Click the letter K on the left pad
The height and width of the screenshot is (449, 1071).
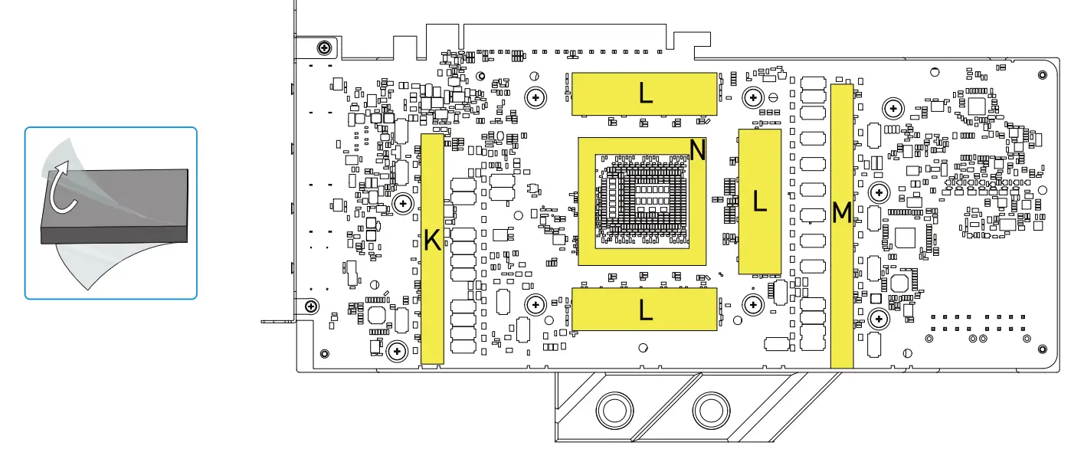coord(432,241)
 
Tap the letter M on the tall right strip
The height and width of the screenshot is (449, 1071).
coord(841,212)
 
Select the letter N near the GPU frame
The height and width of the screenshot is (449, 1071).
coord(696,149)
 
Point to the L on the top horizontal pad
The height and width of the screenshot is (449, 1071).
coord(646,93)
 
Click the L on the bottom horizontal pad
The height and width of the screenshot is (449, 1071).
coord(646,310)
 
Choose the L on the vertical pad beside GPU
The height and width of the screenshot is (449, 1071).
coord(759,201)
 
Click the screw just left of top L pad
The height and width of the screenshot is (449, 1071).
coord(535,97)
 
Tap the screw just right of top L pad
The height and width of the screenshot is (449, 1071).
coord(755,97)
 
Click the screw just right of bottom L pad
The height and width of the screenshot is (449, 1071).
coord(754,305)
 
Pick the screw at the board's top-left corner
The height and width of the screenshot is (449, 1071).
coord(325,47)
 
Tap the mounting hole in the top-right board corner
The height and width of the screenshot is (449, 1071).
coord(1042,74)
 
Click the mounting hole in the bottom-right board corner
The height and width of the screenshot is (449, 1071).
coord(1042,349)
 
